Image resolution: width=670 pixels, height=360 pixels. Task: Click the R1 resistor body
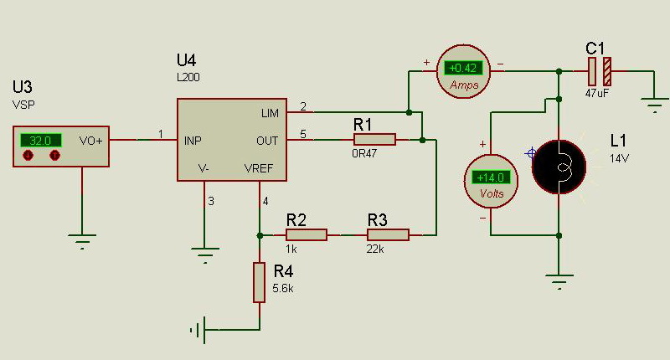coord(374,140)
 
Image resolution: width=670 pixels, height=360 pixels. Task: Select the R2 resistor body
coord(307,235)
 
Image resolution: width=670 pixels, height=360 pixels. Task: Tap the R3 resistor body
coord(388,235)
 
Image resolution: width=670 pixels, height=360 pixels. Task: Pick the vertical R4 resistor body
coord(259,283)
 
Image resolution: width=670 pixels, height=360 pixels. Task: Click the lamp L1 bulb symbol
coord(559,167)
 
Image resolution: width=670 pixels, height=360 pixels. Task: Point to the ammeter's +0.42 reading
coord(463,68)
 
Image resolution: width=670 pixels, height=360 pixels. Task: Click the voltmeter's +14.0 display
coord(491,177)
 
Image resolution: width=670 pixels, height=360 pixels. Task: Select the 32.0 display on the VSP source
coord(40,141)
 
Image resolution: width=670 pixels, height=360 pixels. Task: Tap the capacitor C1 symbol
coord(600,71)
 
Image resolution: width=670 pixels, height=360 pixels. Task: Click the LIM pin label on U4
coord(270,113)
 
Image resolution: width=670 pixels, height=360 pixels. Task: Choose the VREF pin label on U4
coord(259,168)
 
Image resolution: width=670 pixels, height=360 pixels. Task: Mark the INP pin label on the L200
coord(193,141)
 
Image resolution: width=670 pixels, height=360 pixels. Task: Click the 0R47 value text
coord(364,153)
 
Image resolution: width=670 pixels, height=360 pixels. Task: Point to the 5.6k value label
coord(283,288)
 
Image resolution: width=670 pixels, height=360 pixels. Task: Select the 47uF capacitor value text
coord(597,93)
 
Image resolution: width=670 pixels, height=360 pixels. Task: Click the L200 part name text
coord(188,77)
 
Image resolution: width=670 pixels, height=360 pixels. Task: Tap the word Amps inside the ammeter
coord(464,85)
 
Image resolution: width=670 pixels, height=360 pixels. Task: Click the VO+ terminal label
coord(90,141)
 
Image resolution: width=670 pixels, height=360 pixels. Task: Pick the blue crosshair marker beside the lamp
coord(531,153)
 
